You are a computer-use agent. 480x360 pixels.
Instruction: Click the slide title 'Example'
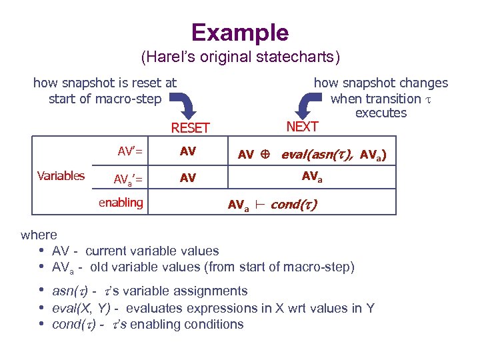pyautogui.click(x=240, y=32)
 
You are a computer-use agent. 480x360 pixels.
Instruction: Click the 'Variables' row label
pyautogui.click(x=61, y=176)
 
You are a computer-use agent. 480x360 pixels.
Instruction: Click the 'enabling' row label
pyautogui.click(x=121, y=203)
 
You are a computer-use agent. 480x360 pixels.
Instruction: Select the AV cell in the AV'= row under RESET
pyautogui.click(x=188, y=151)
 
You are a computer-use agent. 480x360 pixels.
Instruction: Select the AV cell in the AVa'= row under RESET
pyautogui.click(x=188, y=178)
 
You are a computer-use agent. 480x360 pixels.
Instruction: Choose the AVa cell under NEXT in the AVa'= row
pyautogui.click(x=313, y=177)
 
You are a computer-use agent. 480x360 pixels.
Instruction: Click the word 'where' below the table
pyautogui.click(x=39, y=235)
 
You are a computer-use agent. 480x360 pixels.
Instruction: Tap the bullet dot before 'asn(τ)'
pyautogui.click(x=41, y=291)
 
